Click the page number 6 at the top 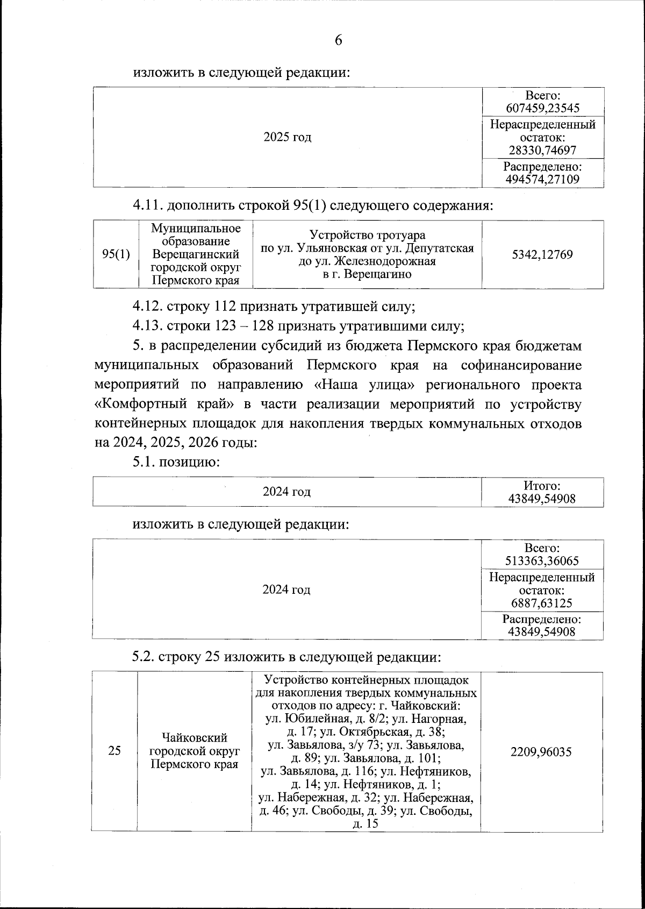coord(338,40)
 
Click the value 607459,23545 coord(543,108)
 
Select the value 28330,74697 coord(543,151)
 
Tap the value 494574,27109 coord(543,179)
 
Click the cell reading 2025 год coord(288,137)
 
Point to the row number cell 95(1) coord(116,254)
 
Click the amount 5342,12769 coord(542,254)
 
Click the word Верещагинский coord(196,254)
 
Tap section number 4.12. coord(148,307)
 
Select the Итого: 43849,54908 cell coord(542,492)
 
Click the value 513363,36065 coord(542,561)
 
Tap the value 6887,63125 coord(542,603)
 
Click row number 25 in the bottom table coord(114,751)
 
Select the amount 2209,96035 coord(541,751)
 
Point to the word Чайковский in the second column coord(195,737)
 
